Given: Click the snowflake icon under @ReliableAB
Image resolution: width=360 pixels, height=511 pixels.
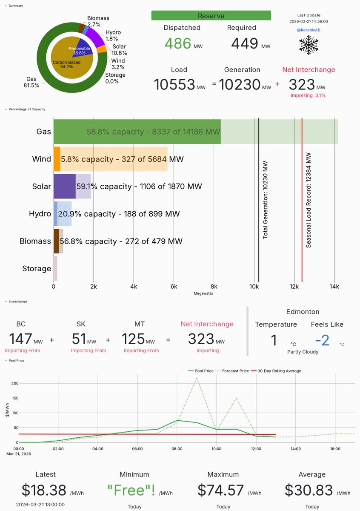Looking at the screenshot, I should pyautogui.click(x=309, y=44).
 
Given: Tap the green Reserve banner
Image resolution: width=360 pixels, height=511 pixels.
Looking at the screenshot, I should pyautogui.click(x=211, y=16).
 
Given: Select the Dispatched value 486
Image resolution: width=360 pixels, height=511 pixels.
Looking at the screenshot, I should pyautogui.click(x=178, y=43).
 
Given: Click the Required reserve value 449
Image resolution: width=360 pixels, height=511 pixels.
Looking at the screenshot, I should pyautogui.click(x=245, y=43).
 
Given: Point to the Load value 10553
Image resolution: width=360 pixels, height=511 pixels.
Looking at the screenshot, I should pyautogui.click(x=174, y=84).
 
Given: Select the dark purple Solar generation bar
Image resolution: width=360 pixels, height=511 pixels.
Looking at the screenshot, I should pyautogui.click(x=64, y=187).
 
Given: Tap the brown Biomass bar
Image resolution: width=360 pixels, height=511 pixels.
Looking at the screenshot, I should pyautogui.click(x=56, y=241).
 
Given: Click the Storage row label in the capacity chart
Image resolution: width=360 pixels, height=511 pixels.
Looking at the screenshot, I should pyautogui.click(x=37, y=268).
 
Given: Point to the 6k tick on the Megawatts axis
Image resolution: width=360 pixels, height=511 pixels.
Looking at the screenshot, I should pyautogui.click(x=174, y=287).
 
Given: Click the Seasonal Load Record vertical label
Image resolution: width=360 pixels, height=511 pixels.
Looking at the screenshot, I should pyautogui.click(x=309, y=200).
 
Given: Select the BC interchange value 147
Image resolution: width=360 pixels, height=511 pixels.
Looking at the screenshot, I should pyautogui.click(x=20, y=339).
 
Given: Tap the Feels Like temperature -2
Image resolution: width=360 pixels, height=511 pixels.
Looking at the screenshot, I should pyautogui.click(x=322, y=340).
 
